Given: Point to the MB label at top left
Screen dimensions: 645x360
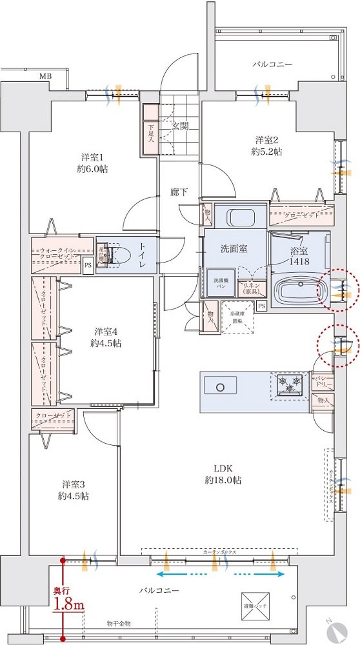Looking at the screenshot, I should click(45, 76).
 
